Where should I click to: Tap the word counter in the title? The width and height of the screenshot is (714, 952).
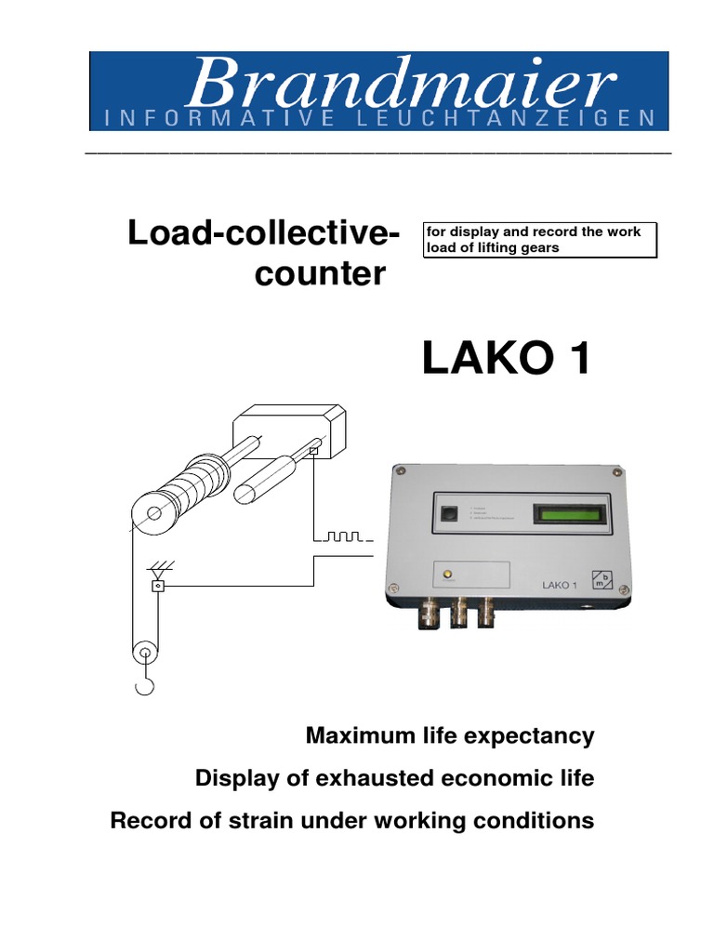pos(320,274)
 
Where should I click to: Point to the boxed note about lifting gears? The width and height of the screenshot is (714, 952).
pos(539,239)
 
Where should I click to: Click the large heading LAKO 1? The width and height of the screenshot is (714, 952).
pos(506,359)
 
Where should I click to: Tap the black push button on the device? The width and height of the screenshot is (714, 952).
pos(450,513)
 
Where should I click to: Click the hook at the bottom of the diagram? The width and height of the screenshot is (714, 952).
pos(143,686)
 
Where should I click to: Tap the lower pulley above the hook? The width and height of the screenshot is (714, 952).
pos(143,654)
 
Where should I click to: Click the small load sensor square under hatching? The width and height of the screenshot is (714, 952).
pos(157,586)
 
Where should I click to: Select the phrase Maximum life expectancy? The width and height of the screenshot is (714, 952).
pos(450,736)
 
